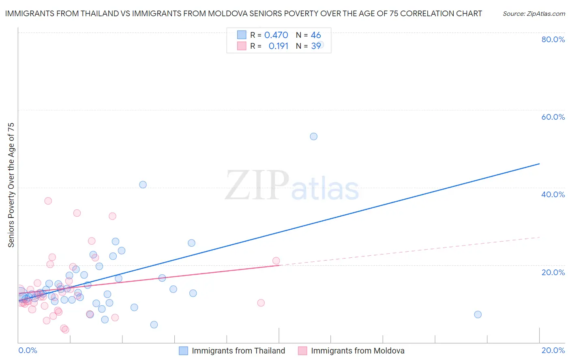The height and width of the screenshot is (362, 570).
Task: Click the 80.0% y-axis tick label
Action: tap(553, 39)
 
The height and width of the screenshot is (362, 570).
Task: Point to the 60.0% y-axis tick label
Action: tap(553, 117)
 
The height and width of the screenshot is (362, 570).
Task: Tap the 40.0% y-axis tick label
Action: tap(553, 194)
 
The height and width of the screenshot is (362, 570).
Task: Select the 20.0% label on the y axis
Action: tap(553, 272)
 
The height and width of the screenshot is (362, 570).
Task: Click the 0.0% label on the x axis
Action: tap(28, 350)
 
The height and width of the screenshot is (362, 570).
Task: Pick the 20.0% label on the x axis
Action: tap(553, 350)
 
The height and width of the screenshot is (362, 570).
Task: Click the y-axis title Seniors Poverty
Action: tap(11, 185)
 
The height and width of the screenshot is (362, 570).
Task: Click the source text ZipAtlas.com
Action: tap(534, 14)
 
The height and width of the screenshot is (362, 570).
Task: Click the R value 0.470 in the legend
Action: tap(276, 35)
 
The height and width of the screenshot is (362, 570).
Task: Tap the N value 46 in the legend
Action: tap(316, 35)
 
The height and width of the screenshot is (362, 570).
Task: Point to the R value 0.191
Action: tap(279, 46)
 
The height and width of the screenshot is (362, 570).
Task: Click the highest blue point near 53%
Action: tap(313, 136)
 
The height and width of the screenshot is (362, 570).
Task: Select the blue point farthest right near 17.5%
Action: tap(478, 315)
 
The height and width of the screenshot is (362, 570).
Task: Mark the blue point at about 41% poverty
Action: tap(143, 185)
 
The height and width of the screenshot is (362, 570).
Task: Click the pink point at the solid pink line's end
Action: tap(276, 261)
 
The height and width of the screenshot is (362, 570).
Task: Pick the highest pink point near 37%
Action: tap(48, 201)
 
